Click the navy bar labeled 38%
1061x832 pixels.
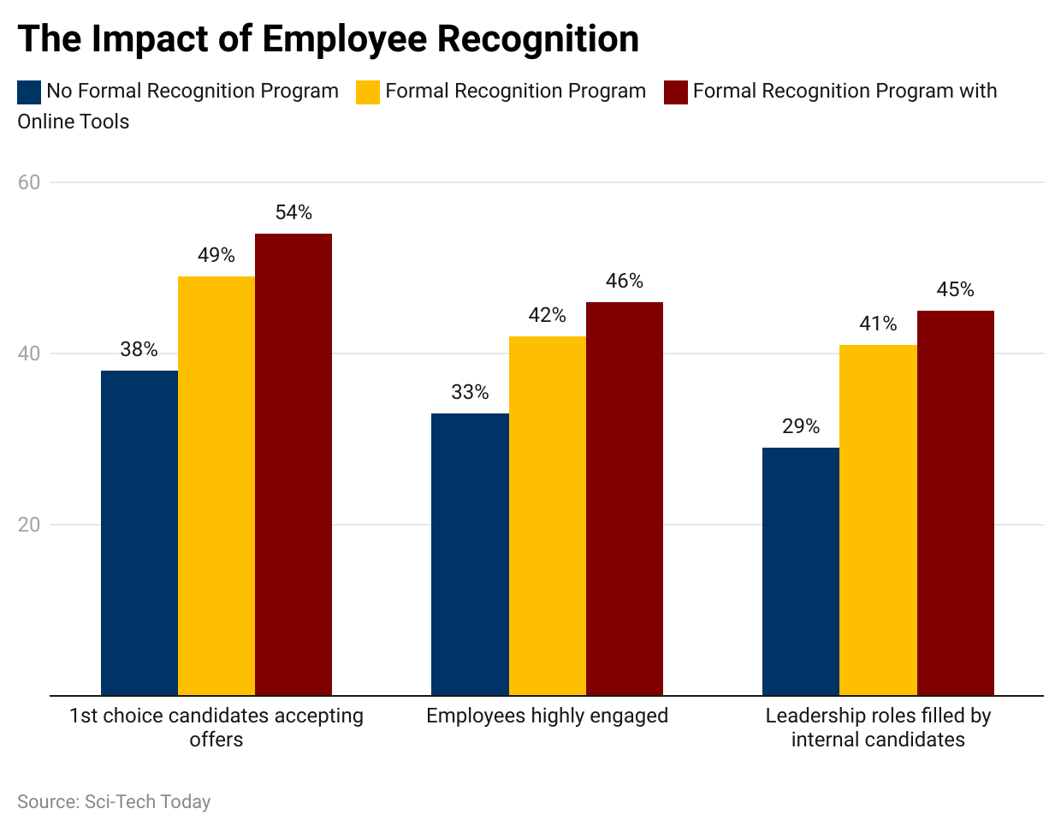[x=139, y=532]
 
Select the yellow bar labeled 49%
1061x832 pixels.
[x=216, y=485]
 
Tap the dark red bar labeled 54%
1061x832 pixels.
[x=293, y=464]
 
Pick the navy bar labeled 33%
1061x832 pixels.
[x=470, y=554]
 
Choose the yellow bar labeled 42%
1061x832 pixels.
[x=548, y=515]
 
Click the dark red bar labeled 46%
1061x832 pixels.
[x=625, y=498]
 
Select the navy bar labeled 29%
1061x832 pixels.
[x=801, y=571]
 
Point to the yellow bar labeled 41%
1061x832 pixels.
[x=878, y=520]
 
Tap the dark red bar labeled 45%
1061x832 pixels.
[x=956, y=502]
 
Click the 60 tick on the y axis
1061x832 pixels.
[x=29, y=182]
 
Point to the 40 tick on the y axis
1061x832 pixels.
[x=29, y=354]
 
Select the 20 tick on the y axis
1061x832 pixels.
[x=29, y=525]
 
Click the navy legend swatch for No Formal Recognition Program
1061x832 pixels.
[x=29, y=92]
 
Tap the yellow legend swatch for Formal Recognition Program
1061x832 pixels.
[x=368, y=92]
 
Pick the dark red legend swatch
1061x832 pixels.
[x=676, y=92]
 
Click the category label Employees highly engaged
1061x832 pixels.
[x=548, y=716]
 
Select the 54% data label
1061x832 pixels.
[x=293, y=212]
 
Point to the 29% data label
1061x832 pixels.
[x=801, y=426]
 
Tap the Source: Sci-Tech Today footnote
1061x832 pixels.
[x=114, y=802]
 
